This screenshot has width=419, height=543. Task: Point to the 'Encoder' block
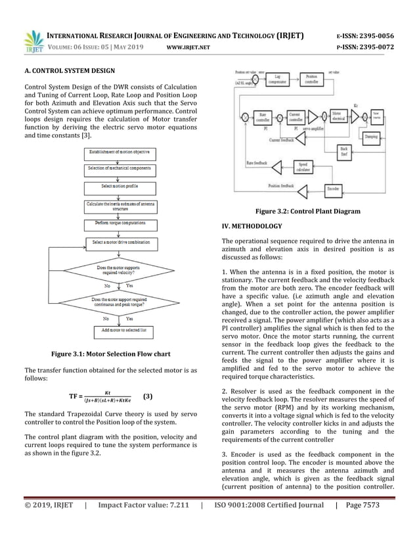334,189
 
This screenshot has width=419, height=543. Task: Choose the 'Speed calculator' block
303,167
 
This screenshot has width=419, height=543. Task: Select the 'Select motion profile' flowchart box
119,187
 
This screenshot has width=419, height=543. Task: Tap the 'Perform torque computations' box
119,224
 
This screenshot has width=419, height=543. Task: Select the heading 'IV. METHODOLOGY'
252,226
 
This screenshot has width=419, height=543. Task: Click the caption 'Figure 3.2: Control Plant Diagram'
307,211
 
